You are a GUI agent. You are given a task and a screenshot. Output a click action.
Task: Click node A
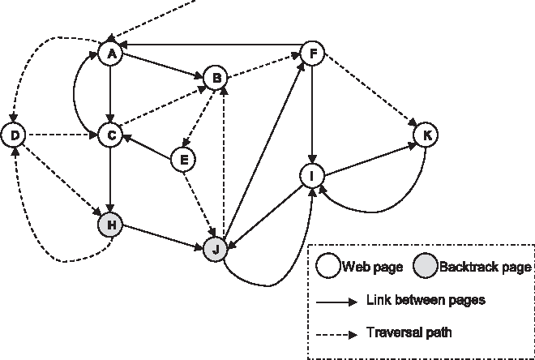click(109, 54)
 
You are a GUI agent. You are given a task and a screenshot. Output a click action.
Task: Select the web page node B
click(216, 78)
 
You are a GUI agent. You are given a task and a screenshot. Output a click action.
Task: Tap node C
click(109, 135)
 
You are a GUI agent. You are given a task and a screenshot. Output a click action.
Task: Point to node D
click(14, 135)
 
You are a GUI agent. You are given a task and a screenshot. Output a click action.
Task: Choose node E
click(185, 160)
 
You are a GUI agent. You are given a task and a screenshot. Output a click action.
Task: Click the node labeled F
click(312, 54)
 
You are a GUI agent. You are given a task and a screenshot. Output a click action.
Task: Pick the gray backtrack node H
click(109, 224)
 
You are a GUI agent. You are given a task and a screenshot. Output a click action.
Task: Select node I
click(312, 175)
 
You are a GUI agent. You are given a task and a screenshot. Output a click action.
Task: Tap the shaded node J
click(215, 249)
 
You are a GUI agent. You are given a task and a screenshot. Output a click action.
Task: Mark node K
click(426, 135)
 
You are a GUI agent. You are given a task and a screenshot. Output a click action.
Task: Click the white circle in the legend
click(328, 266)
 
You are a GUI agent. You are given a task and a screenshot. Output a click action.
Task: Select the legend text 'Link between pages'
click(426, 299)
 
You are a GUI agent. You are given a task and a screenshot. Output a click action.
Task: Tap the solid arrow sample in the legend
click(335, 300)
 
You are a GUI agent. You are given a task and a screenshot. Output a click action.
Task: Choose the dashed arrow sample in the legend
click(335, 332)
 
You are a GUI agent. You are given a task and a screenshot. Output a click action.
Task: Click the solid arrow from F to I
click(312, 114)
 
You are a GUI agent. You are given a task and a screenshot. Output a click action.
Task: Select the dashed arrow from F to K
click(369, 93)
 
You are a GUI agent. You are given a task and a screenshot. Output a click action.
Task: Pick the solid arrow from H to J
click(162, 236)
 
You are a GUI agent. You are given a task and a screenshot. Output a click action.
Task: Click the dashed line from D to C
click(61, 135)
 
